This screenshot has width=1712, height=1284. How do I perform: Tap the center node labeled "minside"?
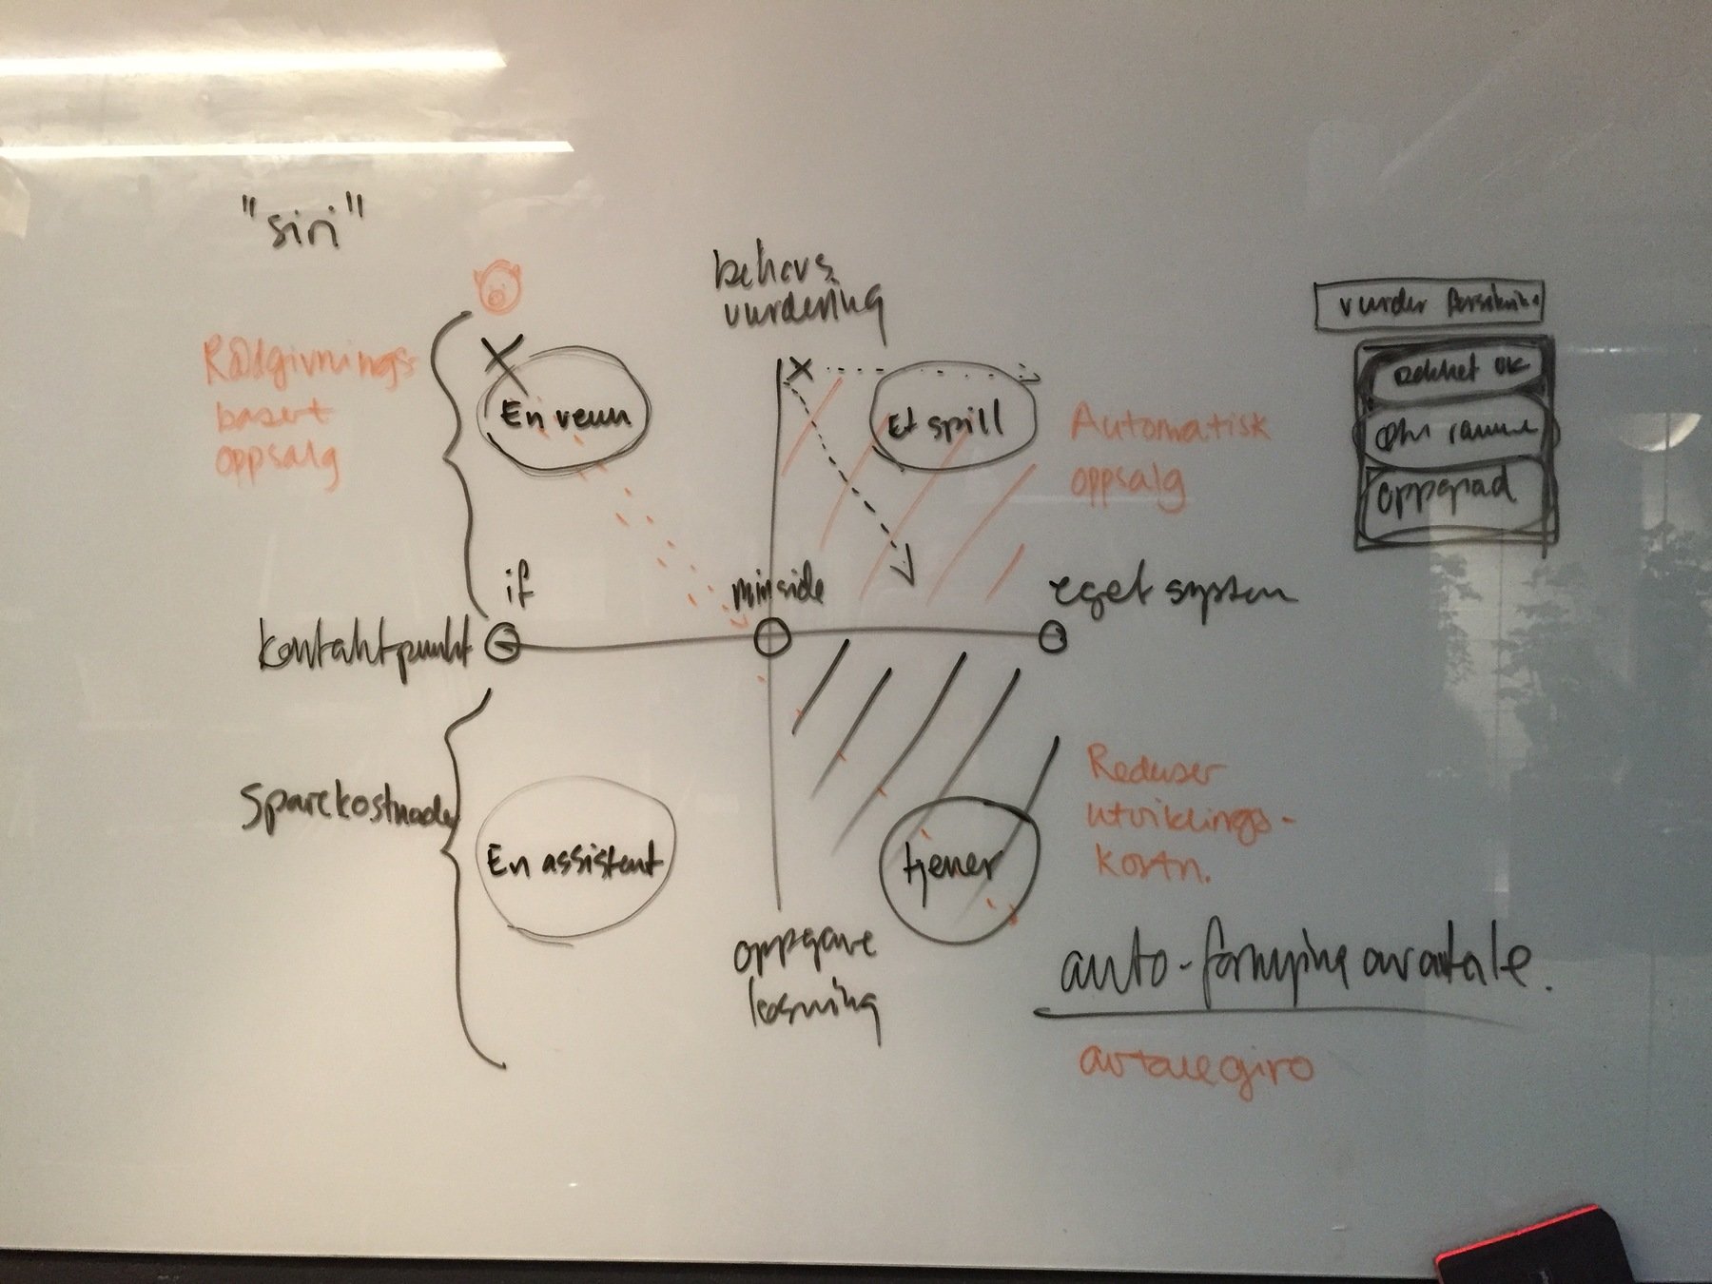[771, 637]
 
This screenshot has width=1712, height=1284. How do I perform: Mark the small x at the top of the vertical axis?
[801, 368]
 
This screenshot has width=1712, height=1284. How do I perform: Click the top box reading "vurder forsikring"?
[1430, 306]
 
